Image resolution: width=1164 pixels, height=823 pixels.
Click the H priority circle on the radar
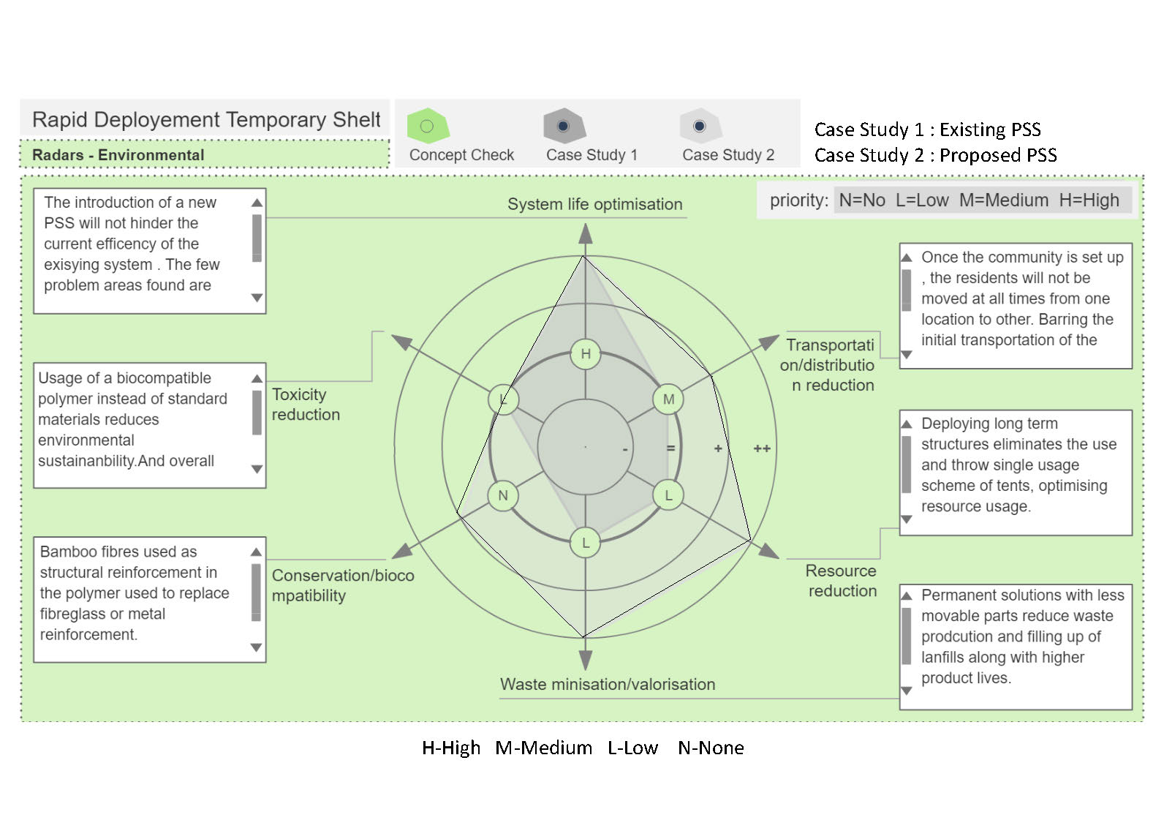coord(586,354)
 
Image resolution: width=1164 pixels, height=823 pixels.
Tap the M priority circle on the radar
coord(668,399)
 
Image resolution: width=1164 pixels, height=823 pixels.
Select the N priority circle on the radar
coord(503,495)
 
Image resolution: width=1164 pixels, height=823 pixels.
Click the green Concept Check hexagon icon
coord(427,126)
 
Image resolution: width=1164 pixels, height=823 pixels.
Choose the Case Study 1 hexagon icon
coord(563,126)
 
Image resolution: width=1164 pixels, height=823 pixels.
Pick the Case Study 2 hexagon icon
coord(700,126)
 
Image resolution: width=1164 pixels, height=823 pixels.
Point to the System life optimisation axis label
coord(594,204)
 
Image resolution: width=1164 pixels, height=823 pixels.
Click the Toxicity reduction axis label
coord(306,405)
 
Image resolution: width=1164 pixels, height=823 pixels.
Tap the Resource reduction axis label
coord(842,581)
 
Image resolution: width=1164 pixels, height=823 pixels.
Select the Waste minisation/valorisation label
coord(608,685)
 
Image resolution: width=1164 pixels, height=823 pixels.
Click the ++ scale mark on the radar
coord(762,448)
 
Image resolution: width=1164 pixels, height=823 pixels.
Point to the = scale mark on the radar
coord(670,448)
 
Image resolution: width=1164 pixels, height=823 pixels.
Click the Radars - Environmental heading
coord(118,155)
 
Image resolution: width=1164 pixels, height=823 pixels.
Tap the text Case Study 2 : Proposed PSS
coord(935,155)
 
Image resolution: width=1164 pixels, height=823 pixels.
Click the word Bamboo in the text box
coord(67,552)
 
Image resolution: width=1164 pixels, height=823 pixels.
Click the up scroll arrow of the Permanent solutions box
coord(907,595)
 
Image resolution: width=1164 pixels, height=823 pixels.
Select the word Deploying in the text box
coord(953,424)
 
